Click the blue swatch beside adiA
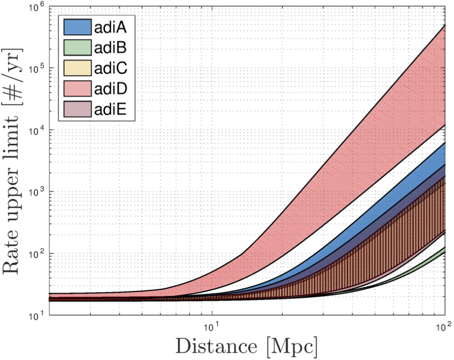click(78, 27)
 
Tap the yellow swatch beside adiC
click(78, 68)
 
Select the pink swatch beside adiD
click(78, 88)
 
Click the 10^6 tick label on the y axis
click(37, 7)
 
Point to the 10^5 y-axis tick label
click(37, 69)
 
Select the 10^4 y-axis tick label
click(37, 130)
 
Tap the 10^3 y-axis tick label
click(37, 192)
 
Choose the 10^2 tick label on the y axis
click(37, 254)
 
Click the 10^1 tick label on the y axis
click(37, 315)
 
